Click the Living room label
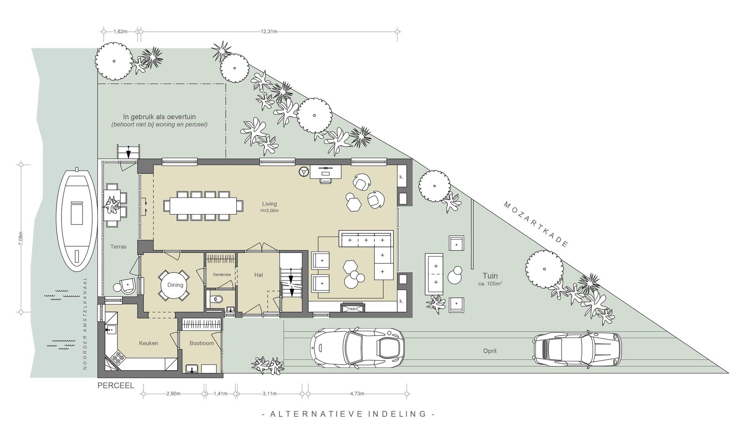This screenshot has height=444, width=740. (x=270, y=204)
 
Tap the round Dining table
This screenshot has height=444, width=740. (x=175, y=285)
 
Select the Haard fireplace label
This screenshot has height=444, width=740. (x=352, y=309)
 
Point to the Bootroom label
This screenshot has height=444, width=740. (x=202, y=343)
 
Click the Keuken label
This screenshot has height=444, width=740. (x=149, y=343)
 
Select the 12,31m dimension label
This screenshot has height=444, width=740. (x=269, y=31)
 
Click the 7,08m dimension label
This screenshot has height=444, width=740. (x=21, y=239)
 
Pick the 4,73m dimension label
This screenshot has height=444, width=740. (x=357, y=394)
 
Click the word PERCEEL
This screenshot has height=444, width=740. (x=116, y=386)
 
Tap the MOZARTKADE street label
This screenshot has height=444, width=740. (x=536, y=224)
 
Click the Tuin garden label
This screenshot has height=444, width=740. (x=490, y=276)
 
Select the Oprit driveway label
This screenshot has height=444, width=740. (x=490, y=351)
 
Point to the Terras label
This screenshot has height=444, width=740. (x=119, y=247)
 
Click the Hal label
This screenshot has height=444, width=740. (x=258, y=275)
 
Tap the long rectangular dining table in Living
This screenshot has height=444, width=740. (x=203, y=205)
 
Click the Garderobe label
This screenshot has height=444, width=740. (x=222, y=275)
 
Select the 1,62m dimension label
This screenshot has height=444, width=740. (x=121, y=31)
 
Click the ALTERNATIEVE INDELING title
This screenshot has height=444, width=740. (x=348, y=414)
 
